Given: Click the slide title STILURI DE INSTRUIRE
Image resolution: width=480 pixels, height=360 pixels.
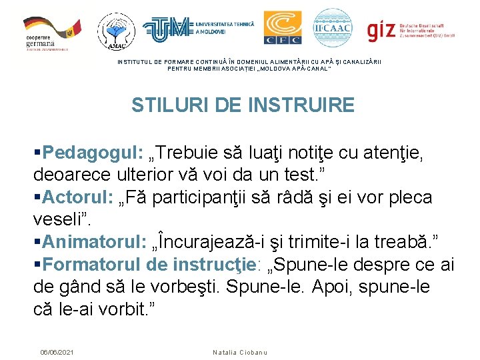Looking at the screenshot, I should point(243,105).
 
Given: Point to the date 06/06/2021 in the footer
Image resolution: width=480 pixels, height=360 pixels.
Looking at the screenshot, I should point(57,351).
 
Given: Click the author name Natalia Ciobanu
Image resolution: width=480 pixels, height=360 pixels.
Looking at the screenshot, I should point(239,351).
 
